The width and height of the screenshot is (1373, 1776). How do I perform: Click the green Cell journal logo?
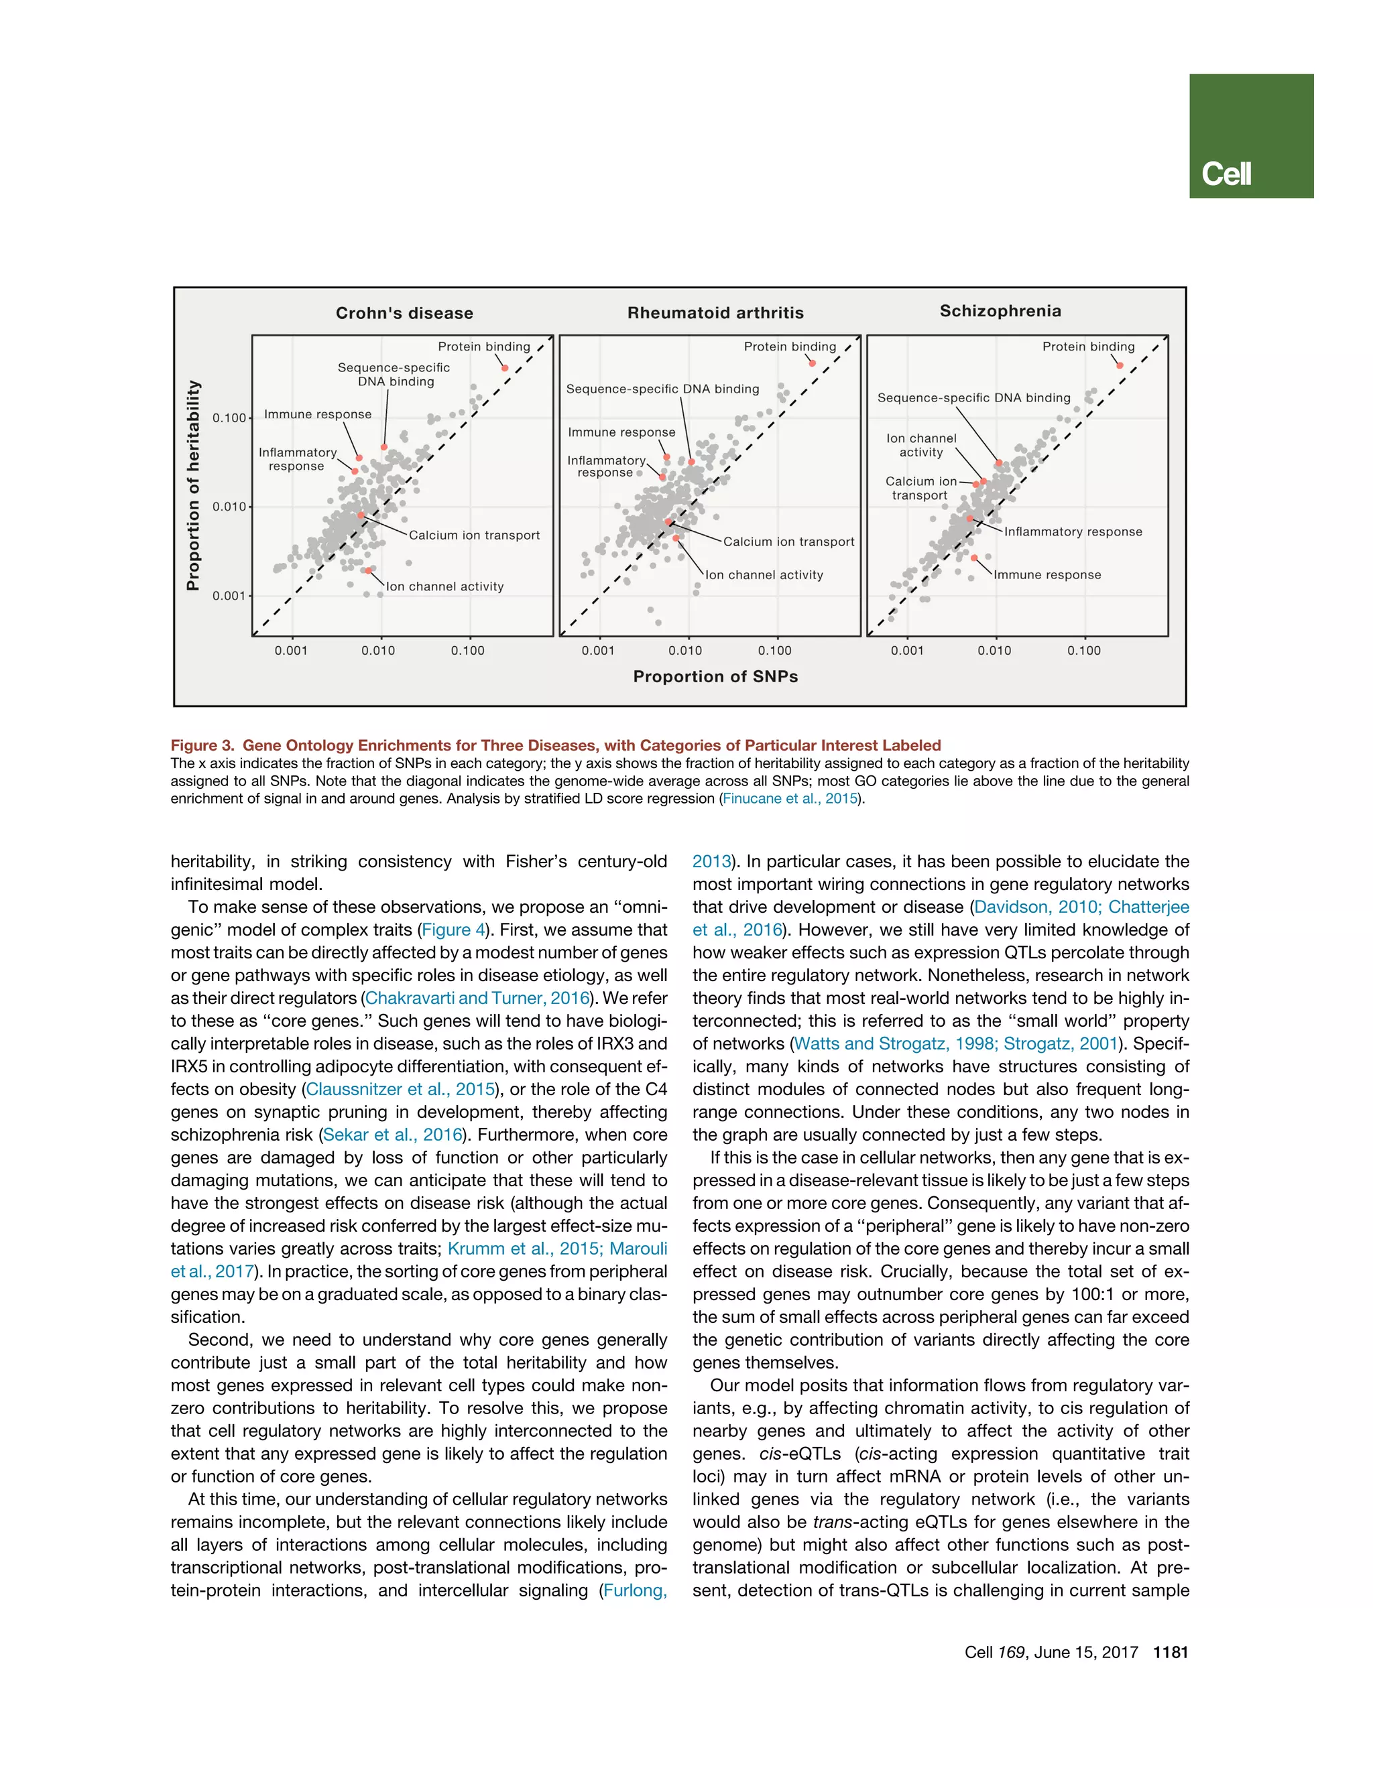coord(1250,136)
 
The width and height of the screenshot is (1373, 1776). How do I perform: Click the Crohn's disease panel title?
coord(404,313)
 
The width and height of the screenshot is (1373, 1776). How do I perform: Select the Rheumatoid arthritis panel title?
coord(715,313)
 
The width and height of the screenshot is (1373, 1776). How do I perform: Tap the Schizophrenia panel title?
coord(1000,311)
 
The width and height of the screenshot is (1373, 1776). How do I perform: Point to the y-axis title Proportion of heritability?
coord(193,485)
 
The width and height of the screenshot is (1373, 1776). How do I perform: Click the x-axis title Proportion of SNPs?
coord(715,677)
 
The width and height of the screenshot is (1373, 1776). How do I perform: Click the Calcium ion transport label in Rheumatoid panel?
coord(788,542)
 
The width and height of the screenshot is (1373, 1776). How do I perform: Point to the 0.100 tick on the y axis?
coord(229,418)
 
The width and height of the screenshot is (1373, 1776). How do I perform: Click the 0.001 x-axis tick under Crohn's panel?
coord(290,651)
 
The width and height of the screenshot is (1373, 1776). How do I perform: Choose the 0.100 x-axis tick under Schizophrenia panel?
coord(1083,651)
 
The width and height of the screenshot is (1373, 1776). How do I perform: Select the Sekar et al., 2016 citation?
coord(393,1135)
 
